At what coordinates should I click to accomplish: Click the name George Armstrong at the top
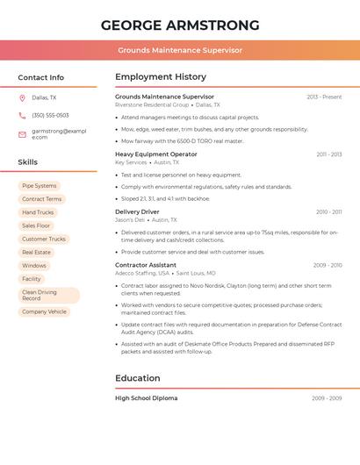pos(180,25)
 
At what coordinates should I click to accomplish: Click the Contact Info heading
pos(41,77)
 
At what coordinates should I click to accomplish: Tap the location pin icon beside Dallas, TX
pos(22,98)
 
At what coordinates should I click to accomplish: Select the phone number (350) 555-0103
pos(50,115)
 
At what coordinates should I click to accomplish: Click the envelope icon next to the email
pos(22,133)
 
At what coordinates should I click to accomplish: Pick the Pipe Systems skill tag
pos(39,186)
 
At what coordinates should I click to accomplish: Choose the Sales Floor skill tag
pos(36,225)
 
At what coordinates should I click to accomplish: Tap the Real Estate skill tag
pos(36,252)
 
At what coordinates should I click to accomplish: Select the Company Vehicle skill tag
pos(44,311)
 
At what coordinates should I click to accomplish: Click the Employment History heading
pos(161,77)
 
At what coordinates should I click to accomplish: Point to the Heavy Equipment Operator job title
pos(156,154)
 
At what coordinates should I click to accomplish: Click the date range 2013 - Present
pos(324,97)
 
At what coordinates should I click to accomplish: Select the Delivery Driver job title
pos(137,211)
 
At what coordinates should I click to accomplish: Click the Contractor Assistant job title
pos(146,265)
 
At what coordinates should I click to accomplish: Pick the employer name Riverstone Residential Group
pos(146,104)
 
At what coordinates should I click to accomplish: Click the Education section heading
pos(138,378)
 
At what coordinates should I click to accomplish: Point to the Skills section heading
pos(28,162)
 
